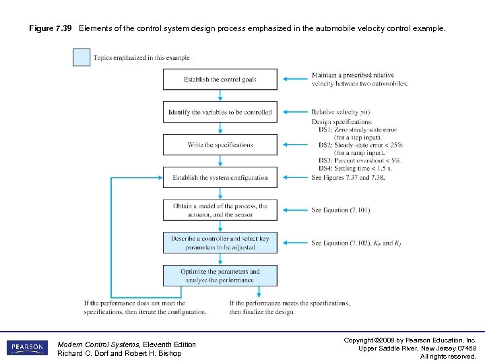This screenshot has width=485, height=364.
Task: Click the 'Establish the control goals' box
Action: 220,80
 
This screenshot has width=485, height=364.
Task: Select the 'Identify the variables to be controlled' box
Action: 220,112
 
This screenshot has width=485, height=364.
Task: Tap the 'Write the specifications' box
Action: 220,145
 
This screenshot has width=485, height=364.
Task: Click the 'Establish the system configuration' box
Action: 220,178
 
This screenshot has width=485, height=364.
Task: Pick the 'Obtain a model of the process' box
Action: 220,210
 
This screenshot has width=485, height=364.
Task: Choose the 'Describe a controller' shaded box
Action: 220,243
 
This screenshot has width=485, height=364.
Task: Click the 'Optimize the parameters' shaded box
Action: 220,275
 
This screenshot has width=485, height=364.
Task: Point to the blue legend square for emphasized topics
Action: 82,58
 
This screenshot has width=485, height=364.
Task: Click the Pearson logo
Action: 27,348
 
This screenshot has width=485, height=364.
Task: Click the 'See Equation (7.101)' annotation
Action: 340,210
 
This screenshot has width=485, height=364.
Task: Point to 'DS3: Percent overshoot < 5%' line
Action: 360,160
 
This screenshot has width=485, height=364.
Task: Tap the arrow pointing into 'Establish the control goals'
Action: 294,80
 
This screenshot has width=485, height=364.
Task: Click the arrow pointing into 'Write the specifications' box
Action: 294,145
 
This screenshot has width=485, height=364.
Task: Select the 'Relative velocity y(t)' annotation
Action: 341,112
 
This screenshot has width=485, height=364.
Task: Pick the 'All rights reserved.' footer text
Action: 448,356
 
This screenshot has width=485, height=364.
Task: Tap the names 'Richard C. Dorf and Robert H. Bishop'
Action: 119,354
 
